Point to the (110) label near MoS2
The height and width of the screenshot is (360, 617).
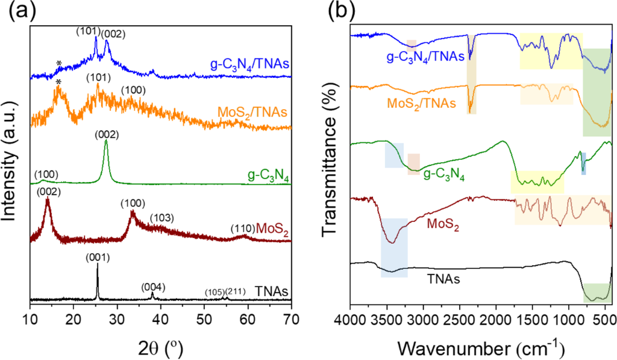243,229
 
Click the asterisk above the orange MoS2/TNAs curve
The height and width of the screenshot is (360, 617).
58,83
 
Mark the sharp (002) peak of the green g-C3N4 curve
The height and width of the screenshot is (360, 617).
106,141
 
